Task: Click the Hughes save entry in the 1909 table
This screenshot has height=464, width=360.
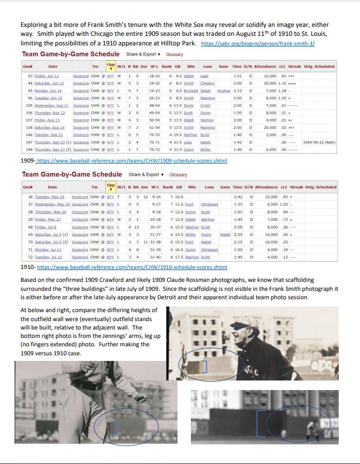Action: tap(223, 90)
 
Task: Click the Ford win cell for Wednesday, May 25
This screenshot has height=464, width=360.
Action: tap(189, 205)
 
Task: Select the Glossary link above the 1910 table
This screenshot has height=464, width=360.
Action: tap(178, 174)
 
